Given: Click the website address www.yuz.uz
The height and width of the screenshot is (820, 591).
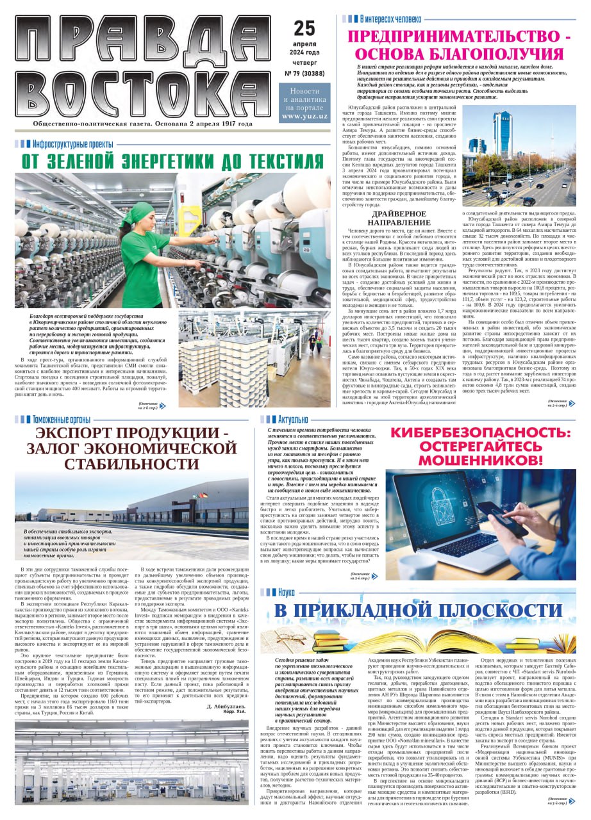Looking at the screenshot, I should pyautogui.click(x=304, y=116).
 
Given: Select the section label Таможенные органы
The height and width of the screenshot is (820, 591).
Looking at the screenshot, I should pyautogui.click(x=61, y=419).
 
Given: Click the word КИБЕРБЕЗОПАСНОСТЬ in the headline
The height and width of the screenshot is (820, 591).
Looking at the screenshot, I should pyautogui.click(x=480, y=433).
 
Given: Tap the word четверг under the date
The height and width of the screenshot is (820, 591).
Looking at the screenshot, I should pyautogui.click(x=304, y=63).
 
